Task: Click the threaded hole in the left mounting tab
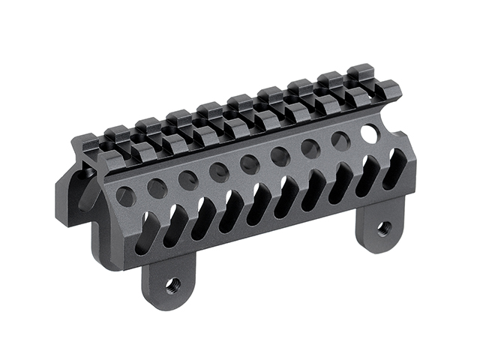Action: click(173, 284)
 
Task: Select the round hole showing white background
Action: click(369, 133)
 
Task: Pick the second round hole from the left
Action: click(157, 188)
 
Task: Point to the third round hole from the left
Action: click(187, 180)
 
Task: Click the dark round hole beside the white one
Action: click(340, 140)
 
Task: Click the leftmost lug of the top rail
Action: click(85, 140)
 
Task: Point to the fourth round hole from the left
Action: click(219, 172)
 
